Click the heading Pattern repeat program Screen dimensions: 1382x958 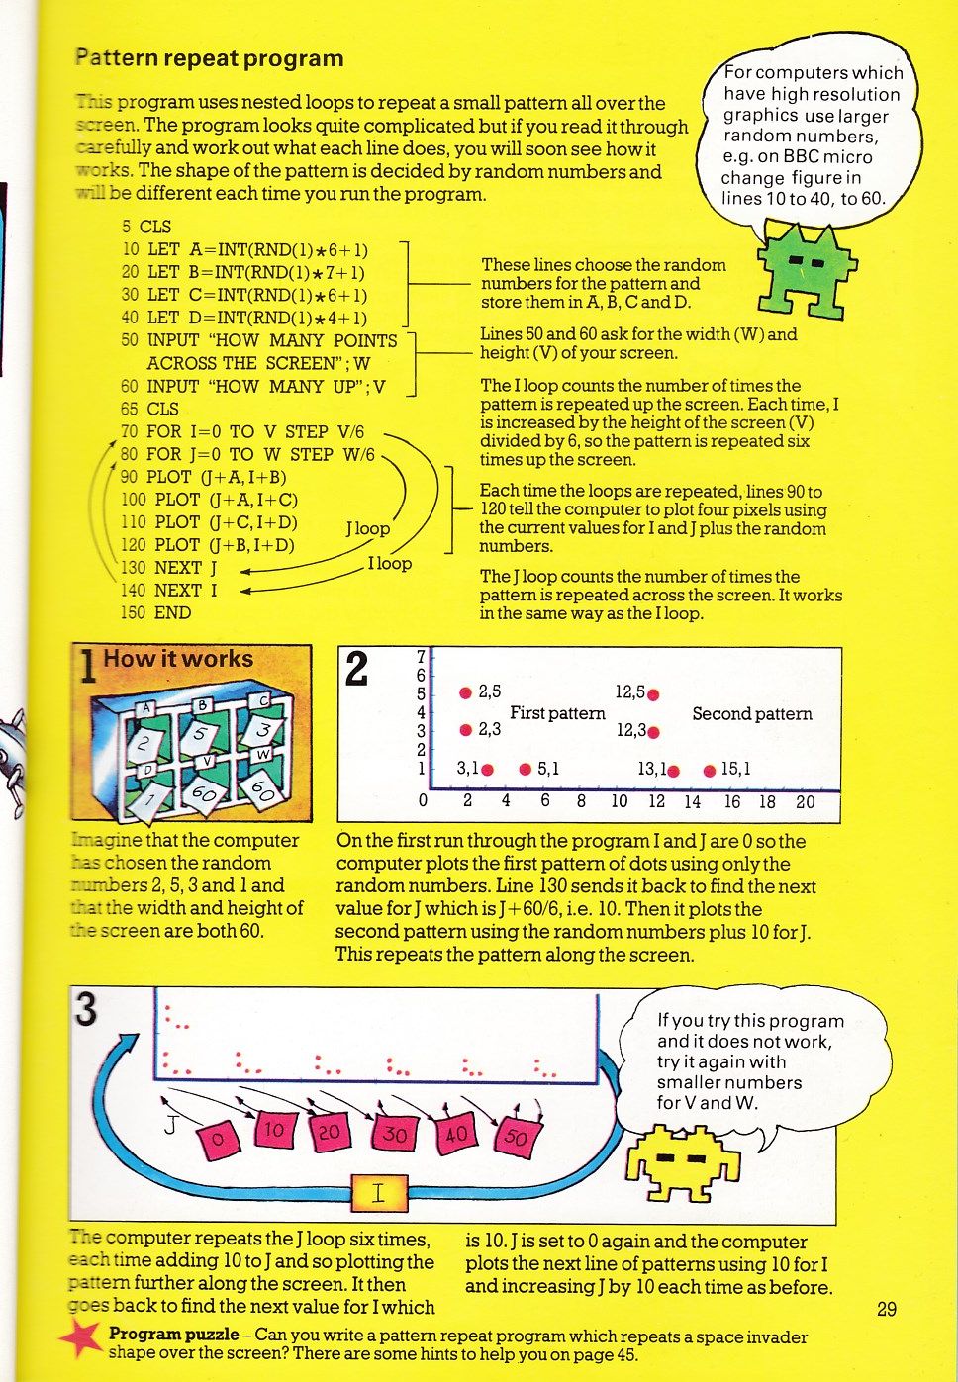click(210, 58)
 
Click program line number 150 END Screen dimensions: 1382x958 click(155, 612)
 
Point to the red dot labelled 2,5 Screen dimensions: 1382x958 click(465, 692)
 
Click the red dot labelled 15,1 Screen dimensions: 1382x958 click(709, 771)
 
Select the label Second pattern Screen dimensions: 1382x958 click(751, 714)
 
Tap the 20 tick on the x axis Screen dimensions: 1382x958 click(806, 801)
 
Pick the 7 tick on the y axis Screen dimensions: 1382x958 click(421, 657)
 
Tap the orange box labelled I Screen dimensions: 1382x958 click(378, 1193)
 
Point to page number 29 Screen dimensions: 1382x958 click(887, 1309)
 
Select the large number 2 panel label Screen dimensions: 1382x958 click(356, 670)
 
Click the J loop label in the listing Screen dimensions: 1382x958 click(367, 529)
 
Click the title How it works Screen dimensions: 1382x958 click(178, 659)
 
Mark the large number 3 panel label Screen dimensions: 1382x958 click(86, 1010)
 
